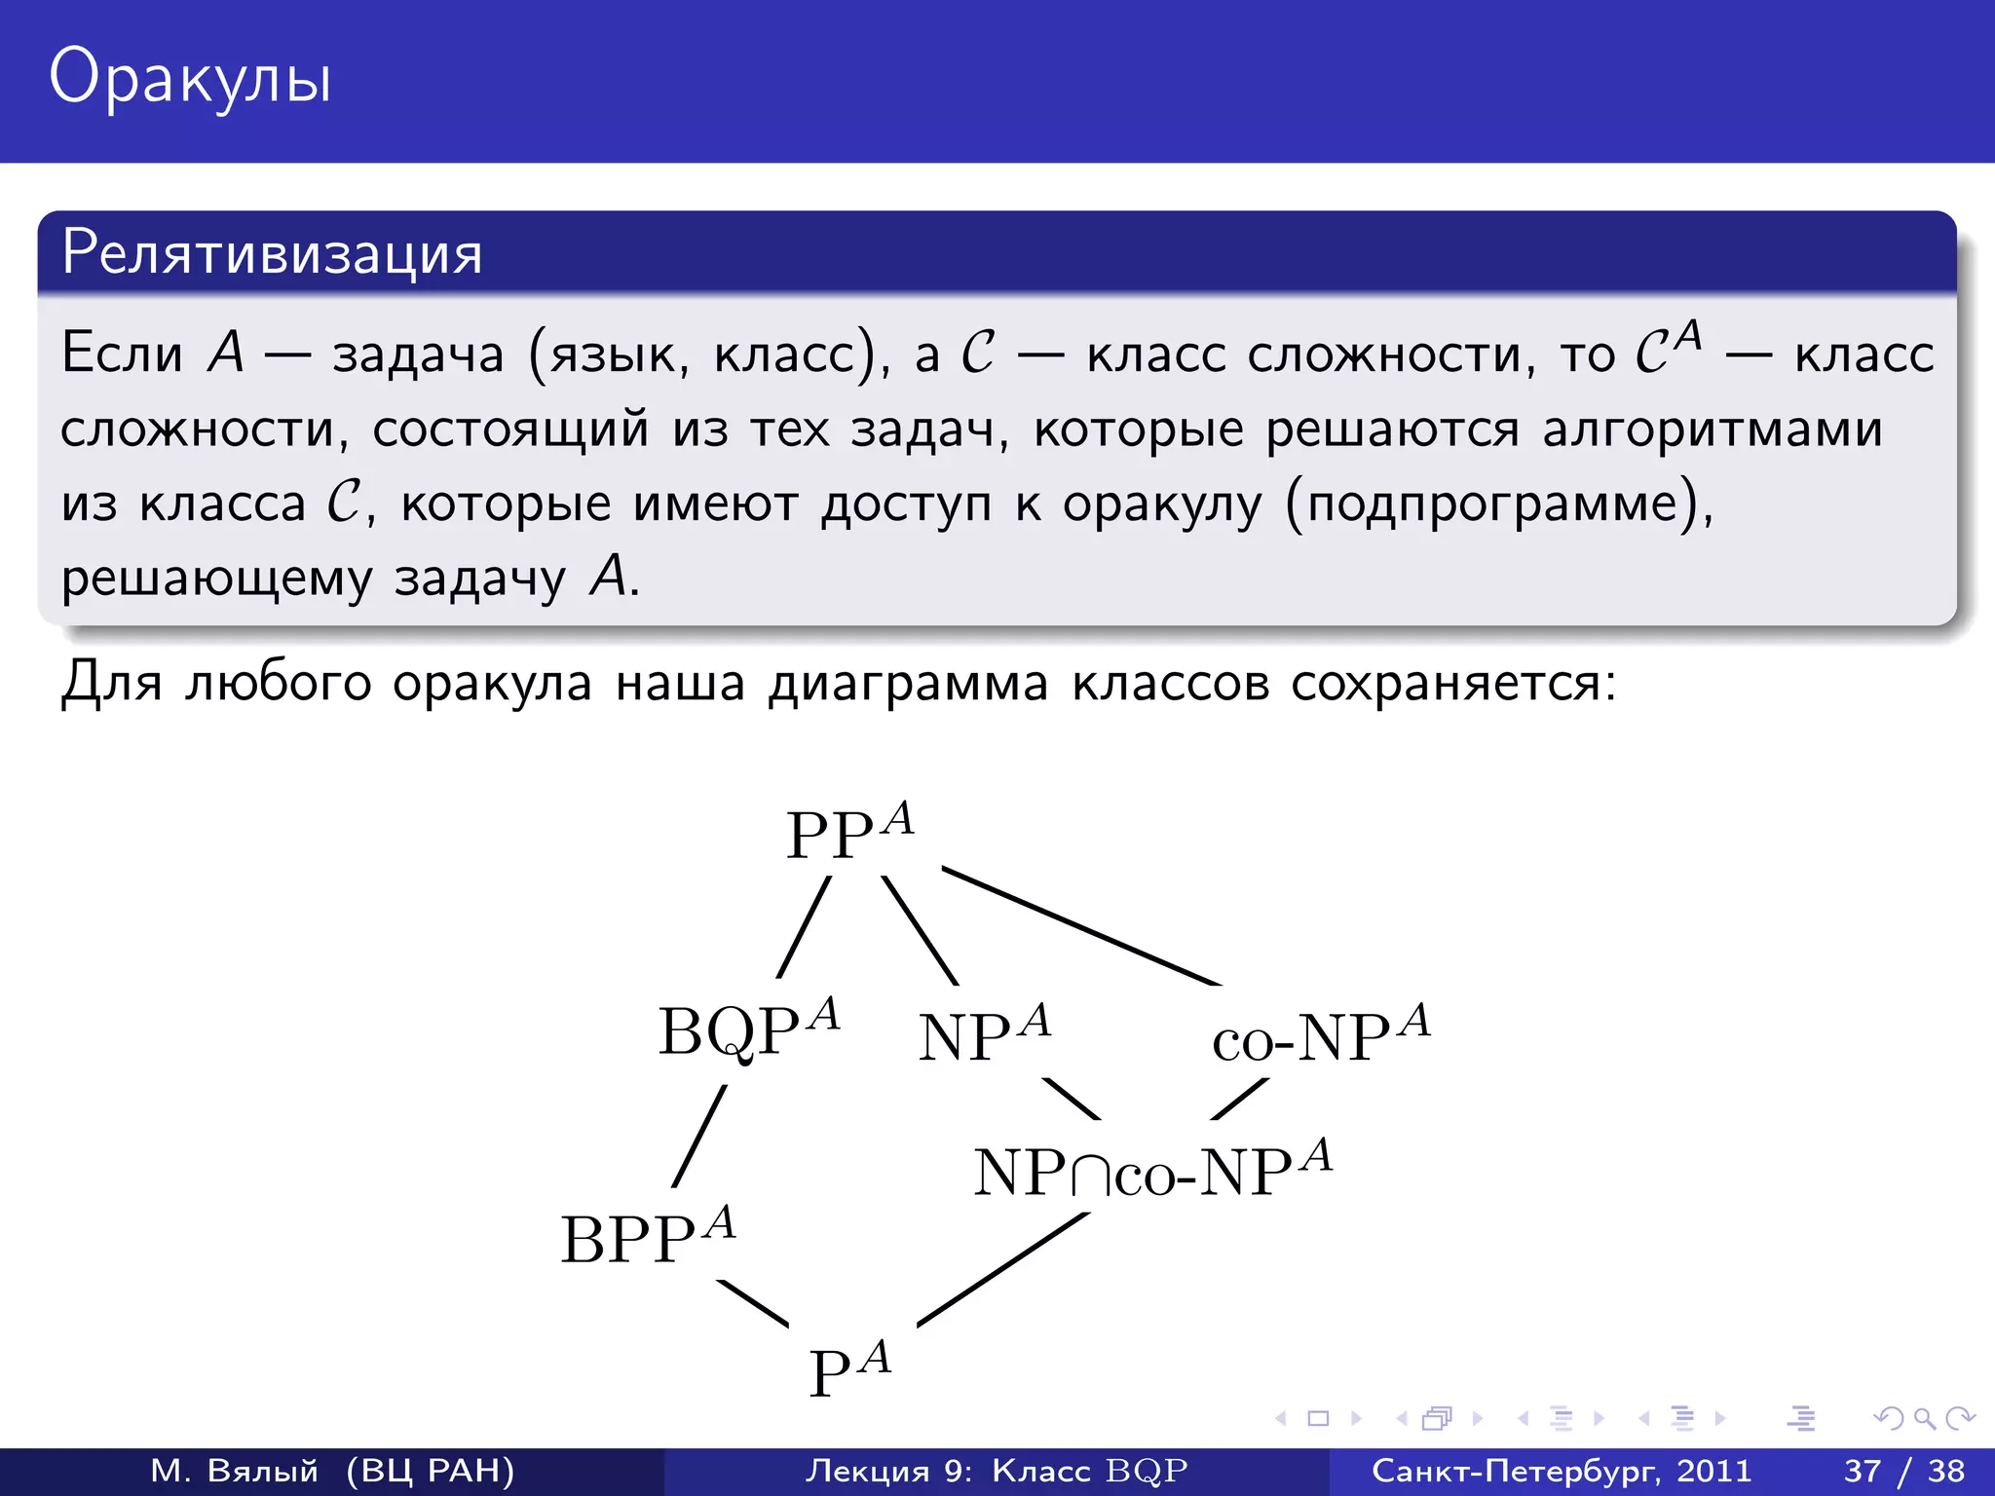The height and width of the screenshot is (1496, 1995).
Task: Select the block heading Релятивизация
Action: click(272, 253)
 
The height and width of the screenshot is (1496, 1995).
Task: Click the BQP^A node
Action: click(748, 1030)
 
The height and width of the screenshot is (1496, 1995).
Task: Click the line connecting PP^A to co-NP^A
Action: click(1081, 926)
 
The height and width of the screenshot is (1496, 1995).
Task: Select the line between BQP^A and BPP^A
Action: click(699, 1136)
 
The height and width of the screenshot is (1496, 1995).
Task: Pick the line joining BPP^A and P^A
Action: click(753, 1303)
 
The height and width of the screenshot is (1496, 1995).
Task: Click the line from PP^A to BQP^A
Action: click(805, 926)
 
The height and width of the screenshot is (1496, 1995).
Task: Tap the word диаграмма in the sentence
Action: click(908, 683)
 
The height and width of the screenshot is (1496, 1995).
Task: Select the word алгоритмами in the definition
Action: click(1712, 430)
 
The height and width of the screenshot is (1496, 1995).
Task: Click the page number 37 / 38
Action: click(1903, 1471)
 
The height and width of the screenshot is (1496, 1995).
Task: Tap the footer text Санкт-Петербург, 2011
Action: click(1561, 1471)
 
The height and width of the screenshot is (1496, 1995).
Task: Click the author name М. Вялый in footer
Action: click(234, 1471)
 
